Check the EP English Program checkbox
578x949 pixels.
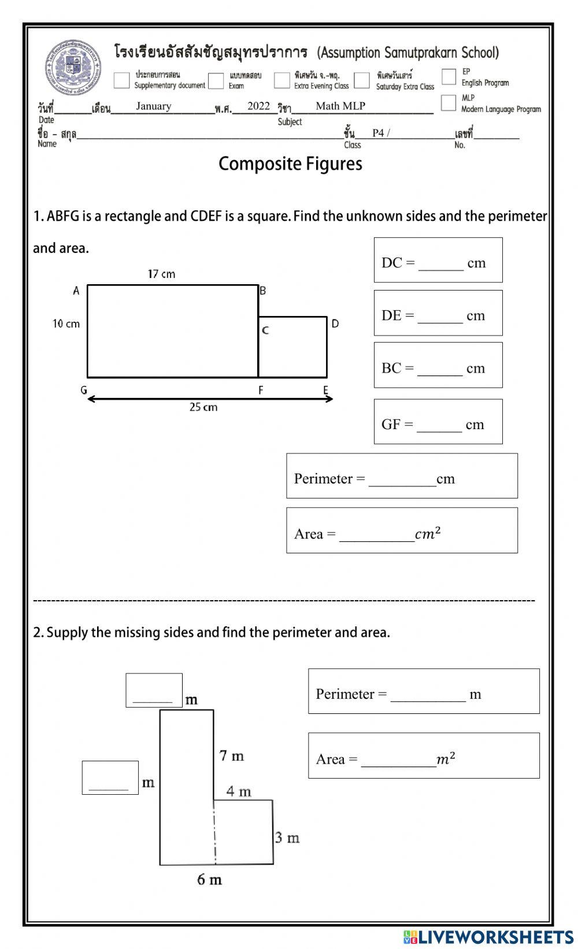[x=449, y=76]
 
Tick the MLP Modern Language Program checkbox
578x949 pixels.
[x=448, y=103]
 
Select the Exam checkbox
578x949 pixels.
[x=216, y=80]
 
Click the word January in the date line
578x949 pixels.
[x=154, y=106]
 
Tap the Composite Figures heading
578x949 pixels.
[x=290, y=164]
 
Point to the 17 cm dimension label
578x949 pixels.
[x=161, y=274]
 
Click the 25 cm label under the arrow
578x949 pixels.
[x=203, y=407]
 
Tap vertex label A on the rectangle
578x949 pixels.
[x=76, y=291]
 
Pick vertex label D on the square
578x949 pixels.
[x=335, y=324]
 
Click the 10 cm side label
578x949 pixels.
[x=66, y=324]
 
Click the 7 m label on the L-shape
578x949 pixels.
[x=231, y=756]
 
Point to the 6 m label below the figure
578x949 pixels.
[x=209, y=880]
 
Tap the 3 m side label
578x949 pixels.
[x=287, y=838]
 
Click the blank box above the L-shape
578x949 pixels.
[x=154, y=690]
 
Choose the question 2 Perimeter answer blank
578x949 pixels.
[x=428, y=695]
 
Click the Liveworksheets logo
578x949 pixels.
[x=488, y=936]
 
